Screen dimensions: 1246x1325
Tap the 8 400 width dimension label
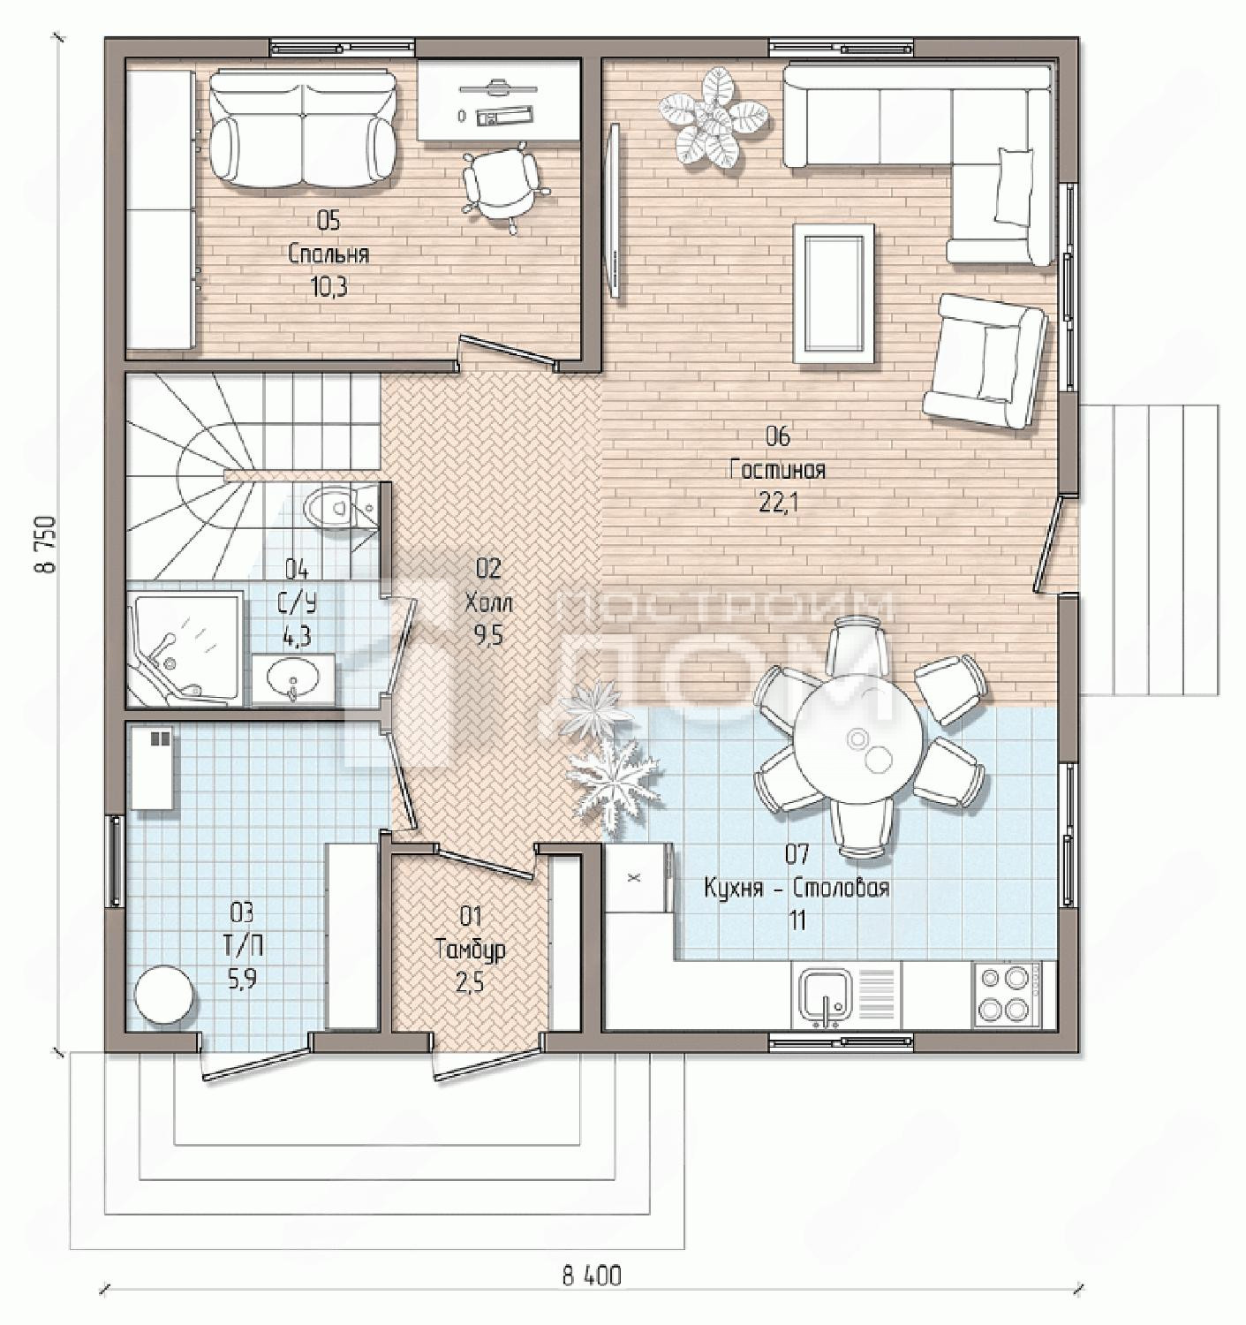point(591,1276)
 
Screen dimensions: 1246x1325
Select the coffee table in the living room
point(833,293)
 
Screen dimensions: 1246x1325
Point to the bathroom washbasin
point(292,678)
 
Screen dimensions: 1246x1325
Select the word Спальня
point(328,254)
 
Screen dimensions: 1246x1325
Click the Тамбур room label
point(471,948)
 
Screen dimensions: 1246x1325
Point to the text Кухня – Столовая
point(797,888)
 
